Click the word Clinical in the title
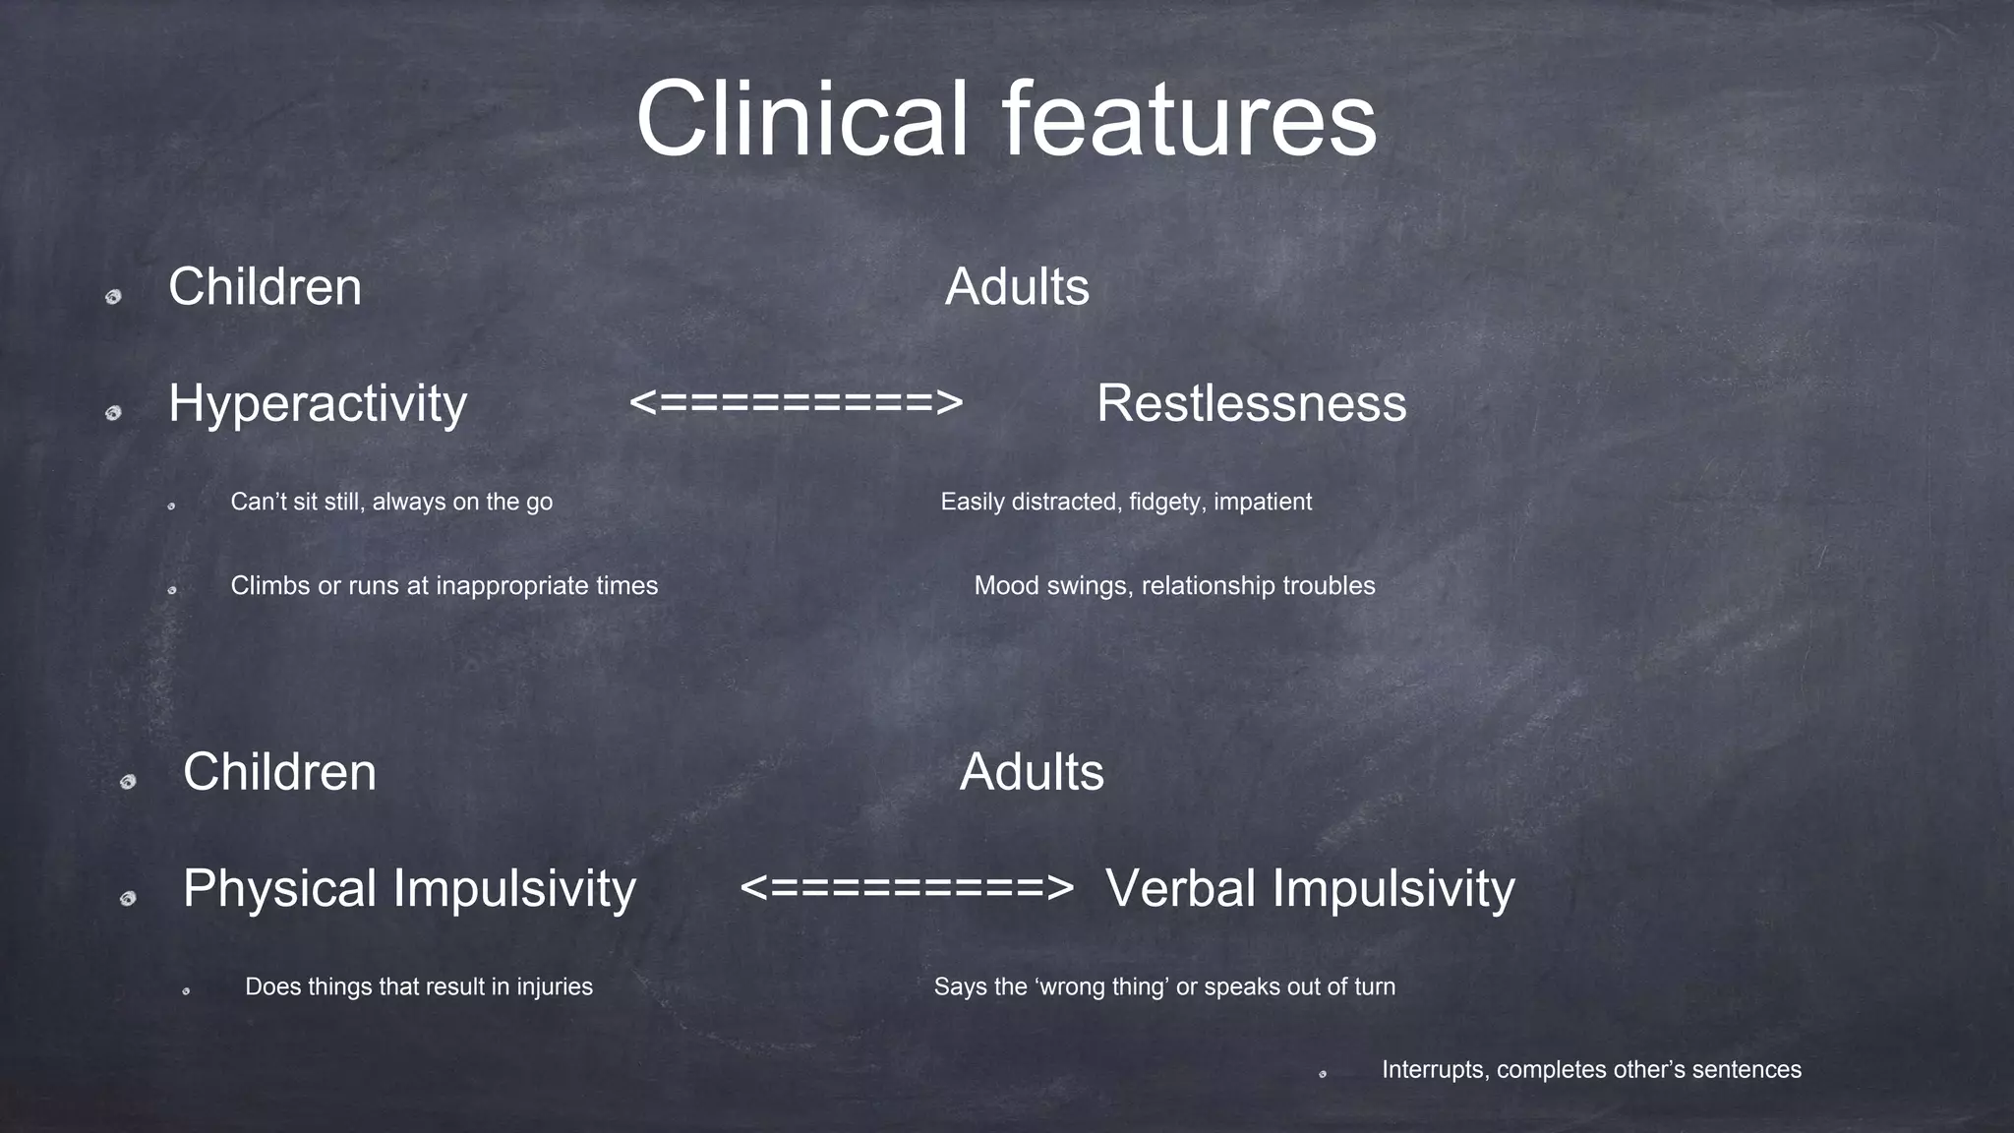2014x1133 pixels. tap(801, 119)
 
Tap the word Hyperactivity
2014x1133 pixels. tap(317, 404)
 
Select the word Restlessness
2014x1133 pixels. tap(1251, 404)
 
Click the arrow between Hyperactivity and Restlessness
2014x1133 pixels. tap(796, 403)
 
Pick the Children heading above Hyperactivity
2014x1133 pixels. tap(265, 287)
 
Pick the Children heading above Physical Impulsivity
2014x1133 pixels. tap(279, 772)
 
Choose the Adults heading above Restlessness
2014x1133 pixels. tap(1017, 287)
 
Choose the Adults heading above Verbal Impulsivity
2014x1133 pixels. tap(1032, 772)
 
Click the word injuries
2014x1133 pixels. tap(555, 986)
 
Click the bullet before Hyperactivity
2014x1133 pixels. tap(113, 413)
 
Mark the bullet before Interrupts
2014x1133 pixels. tap(1323, 1074)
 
